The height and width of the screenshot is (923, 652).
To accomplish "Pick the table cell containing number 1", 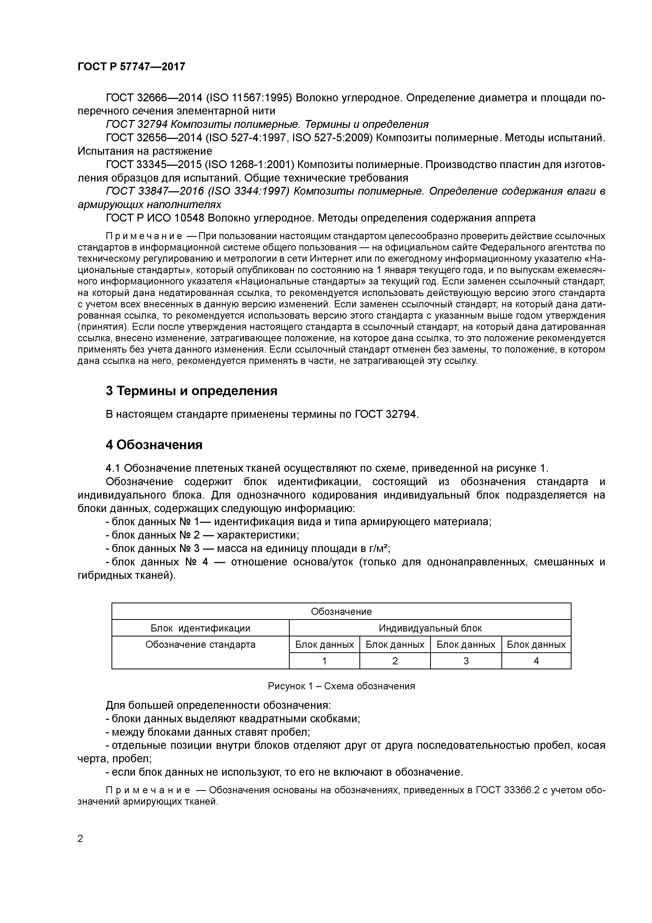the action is (324, 661).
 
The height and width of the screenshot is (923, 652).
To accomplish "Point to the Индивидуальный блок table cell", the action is (430, 628).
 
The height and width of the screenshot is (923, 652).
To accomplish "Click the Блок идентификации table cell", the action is (200, 628).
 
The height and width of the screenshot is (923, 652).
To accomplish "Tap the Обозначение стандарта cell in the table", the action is (200, 645).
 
